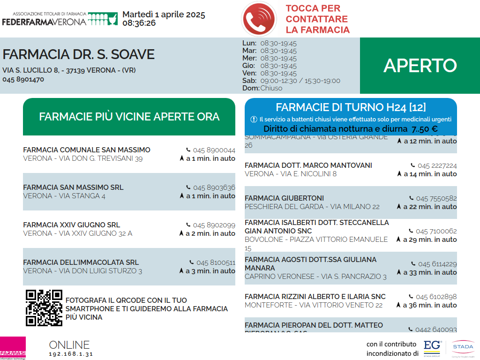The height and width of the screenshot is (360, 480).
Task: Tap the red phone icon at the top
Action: [x=259, y=19]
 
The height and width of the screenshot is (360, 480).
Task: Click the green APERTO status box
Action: [x=420, y=66]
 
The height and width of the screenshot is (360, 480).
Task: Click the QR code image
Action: [x=44, y=308]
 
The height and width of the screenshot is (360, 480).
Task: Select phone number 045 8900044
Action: [x=214, y=150]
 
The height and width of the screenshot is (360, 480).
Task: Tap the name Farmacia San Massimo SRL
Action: [x=73, y=187]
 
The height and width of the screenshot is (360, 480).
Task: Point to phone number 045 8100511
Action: [x=216, y=262]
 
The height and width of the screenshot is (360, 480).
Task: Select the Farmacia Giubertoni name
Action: [x=284, y=198]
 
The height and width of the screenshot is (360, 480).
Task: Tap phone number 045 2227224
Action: [x=437, y=165]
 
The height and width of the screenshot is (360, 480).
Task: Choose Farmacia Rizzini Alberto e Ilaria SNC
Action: [x=315, y=297]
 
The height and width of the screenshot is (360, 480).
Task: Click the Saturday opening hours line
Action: [x=291, y=81]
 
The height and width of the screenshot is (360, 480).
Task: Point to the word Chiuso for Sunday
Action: [x=271, y=88]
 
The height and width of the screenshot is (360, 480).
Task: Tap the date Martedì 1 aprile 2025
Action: [x=164, y=15]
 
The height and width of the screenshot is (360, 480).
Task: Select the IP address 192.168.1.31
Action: [x=71, y=354]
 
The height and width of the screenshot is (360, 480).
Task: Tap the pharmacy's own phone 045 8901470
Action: [x=23, y=79]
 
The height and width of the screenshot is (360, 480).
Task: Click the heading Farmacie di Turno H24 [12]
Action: [x=351, y=107]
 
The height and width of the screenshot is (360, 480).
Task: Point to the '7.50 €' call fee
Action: [x=425, y=129]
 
